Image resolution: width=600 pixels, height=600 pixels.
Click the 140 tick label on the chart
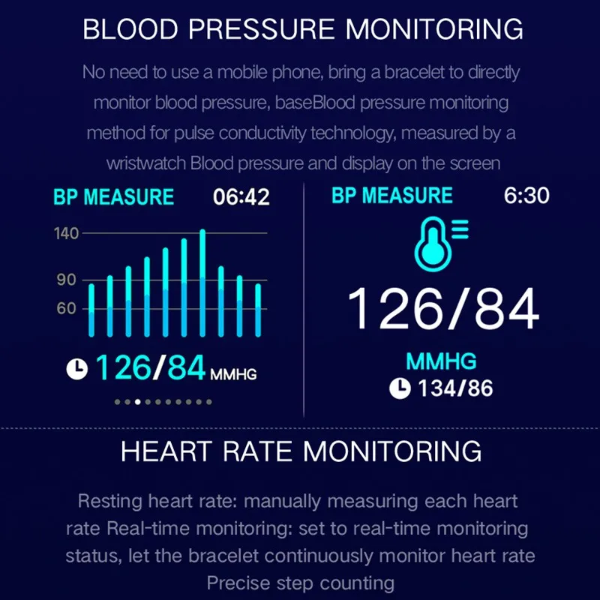click(66, 233)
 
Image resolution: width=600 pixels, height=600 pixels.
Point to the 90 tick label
click(67, 280)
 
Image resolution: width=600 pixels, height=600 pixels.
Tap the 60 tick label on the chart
click(66, 308)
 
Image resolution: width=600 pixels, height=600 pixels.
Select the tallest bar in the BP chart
click(202, 283)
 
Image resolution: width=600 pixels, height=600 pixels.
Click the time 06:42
click(241, 197)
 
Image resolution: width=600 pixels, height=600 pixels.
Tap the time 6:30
click(526, 195)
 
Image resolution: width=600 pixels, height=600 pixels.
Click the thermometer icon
click(441, 244)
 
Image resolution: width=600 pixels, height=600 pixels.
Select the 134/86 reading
click(455, 388)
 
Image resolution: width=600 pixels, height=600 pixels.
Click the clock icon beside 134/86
click(400, 388)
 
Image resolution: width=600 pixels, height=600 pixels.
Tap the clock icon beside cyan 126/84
click(77, 369)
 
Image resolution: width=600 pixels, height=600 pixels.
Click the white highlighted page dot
click(138, 402)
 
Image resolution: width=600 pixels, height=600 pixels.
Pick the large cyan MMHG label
click(441, 361)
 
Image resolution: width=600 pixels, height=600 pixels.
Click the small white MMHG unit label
click(233, 374)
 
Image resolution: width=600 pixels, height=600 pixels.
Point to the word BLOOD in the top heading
click(130, 29)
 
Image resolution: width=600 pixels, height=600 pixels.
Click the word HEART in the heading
click(166, 451)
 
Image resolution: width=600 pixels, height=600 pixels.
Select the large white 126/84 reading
click(443, 308)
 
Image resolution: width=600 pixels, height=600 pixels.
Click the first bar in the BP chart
click(91, 310)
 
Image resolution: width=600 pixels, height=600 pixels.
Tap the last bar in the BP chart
click(258, 310)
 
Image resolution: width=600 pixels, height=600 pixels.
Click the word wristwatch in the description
click(146, 163)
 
